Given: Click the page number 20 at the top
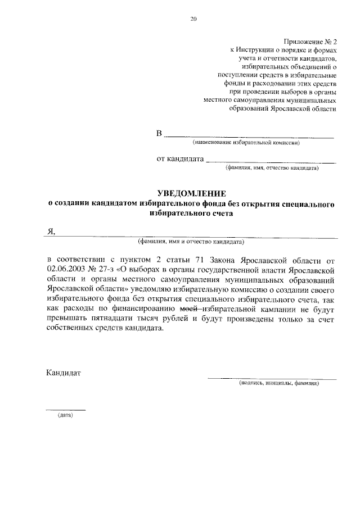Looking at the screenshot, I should pyautogui.click(x=193, y=19).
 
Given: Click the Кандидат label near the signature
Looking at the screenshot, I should pyautogui.click(x=64, y=372).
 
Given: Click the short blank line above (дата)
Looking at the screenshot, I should pyautogui.click(x=65, y=410).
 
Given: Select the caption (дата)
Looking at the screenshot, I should pyautogui.click(x=65, y=416).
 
